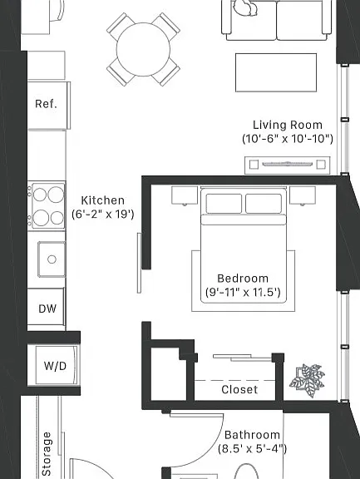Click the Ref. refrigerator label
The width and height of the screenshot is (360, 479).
click(46, 104)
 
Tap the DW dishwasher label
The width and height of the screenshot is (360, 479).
click(47, 309)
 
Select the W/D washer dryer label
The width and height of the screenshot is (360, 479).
click(55, 366)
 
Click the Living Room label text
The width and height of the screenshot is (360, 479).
click(288, 125)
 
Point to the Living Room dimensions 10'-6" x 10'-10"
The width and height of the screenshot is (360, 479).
click(288, 139)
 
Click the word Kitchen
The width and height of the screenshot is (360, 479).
click(103, 200)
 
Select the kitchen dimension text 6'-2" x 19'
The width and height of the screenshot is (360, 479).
click(103, 215)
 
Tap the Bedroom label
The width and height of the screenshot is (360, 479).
click(243, 279)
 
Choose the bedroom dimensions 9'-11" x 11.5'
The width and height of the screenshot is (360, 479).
click(243, 293)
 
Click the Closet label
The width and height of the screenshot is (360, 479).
click(239, 389)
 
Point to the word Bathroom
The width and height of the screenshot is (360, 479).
click(252, 435)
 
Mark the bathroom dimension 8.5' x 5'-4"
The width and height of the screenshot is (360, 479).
click(252, 449)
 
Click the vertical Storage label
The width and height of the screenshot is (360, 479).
click(47, 454)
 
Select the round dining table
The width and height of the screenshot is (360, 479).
click(143, 50)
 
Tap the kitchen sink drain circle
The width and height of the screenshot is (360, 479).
click(52, 259)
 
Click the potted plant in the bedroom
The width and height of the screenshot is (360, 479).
click(307, 380)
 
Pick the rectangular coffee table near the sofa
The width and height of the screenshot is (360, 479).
click(276, 72)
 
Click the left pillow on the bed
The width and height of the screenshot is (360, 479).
click(224, 203)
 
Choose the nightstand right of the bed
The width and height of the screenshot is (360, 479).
click(303, 195)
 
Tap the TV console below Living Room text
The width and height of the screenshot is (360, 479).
click(288, 165)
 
